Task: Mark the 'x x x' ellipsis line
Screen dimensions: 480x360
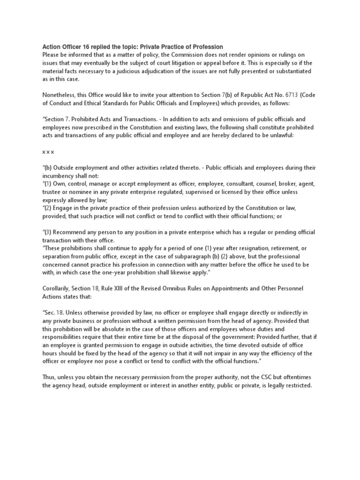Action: coord(48,151)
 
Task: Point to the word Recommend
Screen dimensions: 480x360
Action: coord(71,232)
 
